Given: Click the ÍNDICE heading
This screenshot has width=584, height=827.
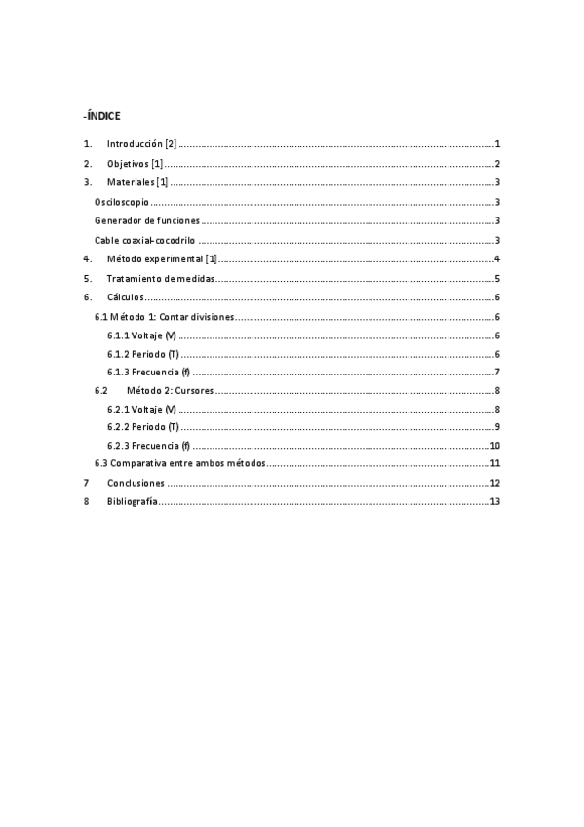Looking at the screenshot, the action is pos(102,115).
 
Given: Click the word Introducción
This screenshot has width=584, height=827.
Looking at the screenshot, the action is pos(135,143).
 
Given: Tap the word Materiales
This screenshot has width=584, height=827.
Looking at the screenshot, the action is pos(131,182).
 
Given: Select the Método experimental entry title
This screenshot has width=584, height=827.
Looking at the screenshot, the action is pos(155,258).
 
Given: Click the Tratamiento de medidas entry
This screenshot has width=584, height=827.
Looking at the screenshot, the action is pos(160,278).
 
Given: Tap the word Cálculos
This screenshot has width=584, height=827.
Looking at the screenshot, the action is pos(125,297).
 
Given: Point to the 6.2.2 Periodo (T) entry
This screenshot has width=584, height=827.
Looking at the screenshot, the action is pos(143,427).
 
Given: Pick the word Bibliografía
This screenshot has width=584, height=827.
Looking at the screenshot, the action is pos(132,502).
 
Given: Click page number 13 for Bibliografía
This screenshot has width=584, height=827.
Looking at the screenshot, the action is pos(494,502).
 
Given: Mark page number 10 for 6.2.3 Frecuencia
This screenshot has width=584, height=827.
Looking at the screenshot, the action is pos(494,446).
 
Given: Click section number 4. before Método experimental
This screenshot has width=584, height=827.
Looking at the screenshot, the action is pos(88,258).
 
